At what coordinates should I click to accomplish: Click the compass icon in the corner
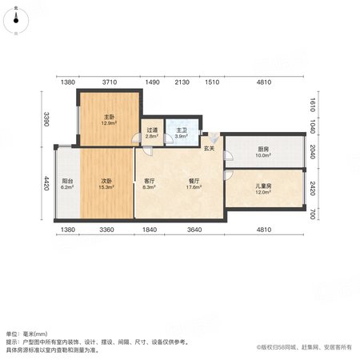[x=16, y=21]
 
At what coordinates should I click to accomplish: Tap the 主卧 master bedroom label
[x=109, y=117]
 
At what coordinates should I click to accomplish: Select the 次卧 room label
[x=106, y=181]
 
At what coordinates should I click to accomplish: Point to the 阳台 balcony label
[x=67, y=181]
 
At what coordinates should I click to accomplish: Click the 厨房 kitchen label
[x=263, y=149]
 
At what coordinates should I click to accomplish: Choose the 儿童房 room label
[x=263, y=186]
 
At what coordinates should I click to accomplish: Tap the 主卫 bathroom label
[x=182, y=130]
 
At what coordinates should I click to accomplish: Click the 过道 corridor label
[x=152, y=130]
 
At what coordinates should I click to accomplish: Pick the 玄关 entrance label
[x=209, y=149]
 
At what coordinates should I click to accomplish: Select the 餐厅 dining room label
[x=194, y=181]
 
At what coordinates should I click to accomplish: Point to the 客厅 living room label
[x=149, y=181]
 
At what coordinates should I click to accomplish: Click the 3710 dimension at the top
[x=110, y=82]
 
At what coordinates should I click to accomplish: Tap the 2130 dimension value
[x=182, y=82]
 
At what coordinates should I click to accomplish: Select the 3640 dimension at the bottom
[x=194, y=230]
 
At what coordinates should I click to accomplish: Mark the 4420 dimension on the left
[x=46, y=183]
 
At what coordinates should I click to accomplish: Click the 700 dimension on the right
[x=313, y=214]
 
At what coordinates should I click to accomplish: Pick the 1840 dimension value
[x=150, y=230]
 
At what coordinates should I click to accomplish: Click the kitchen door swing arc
[x=230, y=156]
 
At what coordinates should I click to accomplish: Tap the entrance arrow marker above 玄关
[x=214, y=138]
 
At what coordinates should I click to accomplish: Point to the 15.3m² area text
[x=106, y=187]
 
